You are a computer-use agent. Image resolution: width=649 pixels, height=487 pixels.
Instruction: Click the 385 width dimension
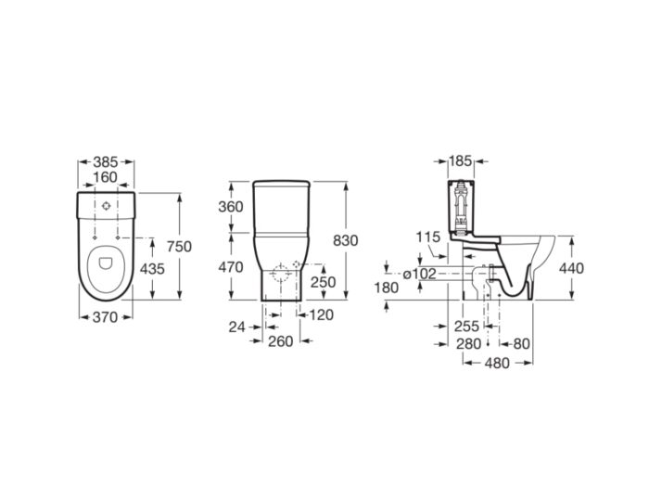pos(106,161)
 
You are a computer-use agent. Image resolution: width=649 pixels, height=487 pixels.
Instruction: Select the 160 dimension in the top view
pos(105,177)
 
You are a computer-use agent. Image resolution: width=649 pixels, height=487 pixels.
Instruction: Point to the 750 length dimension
pos(179,247)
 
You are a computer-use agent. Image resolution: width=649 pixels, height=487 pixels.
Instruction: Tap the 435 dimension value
pos(152,269)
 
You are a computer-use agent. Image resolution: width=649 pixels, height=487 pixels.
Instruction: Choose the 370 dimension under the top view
pos(105,317)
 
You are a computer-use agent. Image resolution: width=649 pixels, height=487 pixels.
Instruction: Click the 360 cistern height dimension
pos(231,207)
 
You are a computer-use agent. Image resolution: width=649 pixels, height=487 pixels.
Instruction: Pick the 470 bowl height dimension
pos(231,267)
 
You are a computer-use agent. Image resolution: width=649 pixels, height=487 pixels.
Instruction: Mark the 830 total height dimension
pos(346,240)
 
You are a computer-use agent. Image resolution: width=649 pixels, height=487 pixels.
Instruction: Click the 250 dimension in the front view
pos(324,282)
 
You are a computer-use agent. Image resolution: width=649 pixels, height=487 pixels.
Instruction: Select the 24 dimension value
pos(237,327)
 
